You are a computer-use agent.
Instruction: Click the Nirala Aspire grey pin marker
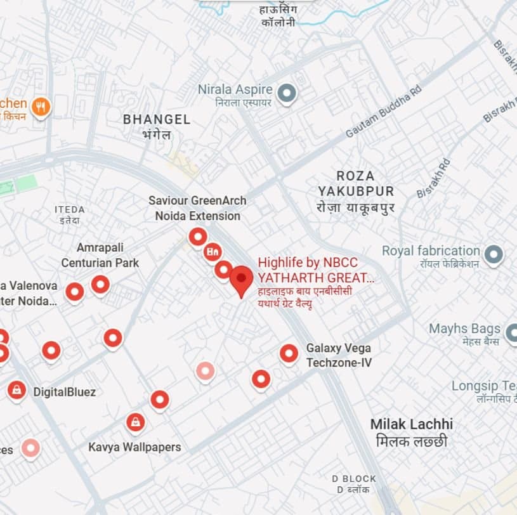(x=287, y=94)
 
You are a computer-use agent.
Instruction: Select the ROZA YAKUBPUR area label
(x=356, y=183)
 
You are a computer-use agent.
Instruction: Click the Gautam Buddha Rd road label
(x=383, y=113)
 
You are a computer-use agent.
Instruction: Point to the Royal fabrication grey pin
(x=494, y=255)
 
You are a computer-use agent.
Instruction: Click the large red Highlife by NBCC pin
(x=241, y=279)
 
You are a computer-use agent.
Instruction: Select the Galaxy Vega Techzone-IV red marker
(x=289, y=353)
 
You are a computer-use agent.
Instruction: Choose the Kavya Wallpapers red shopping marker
(x=134, y=422)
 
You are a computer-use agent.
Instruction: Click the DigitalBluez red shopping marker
(x=16, y=389)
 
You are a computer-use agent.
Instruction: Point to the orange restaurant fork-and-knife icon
(x=41, y=106)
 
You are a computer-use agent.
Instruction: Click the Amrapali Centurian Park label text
(x=100, y=255)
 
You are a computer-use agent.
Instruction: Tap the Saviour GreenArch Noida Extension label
(x=197, y=208)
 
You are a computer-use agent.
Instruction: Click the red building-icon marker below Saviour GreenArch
(x=213, y=251)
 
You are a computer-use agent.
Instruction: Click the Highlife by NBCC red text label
(x=317, y=270)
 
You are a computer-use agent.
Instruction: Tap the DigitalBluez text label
(x=65, y=392)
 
